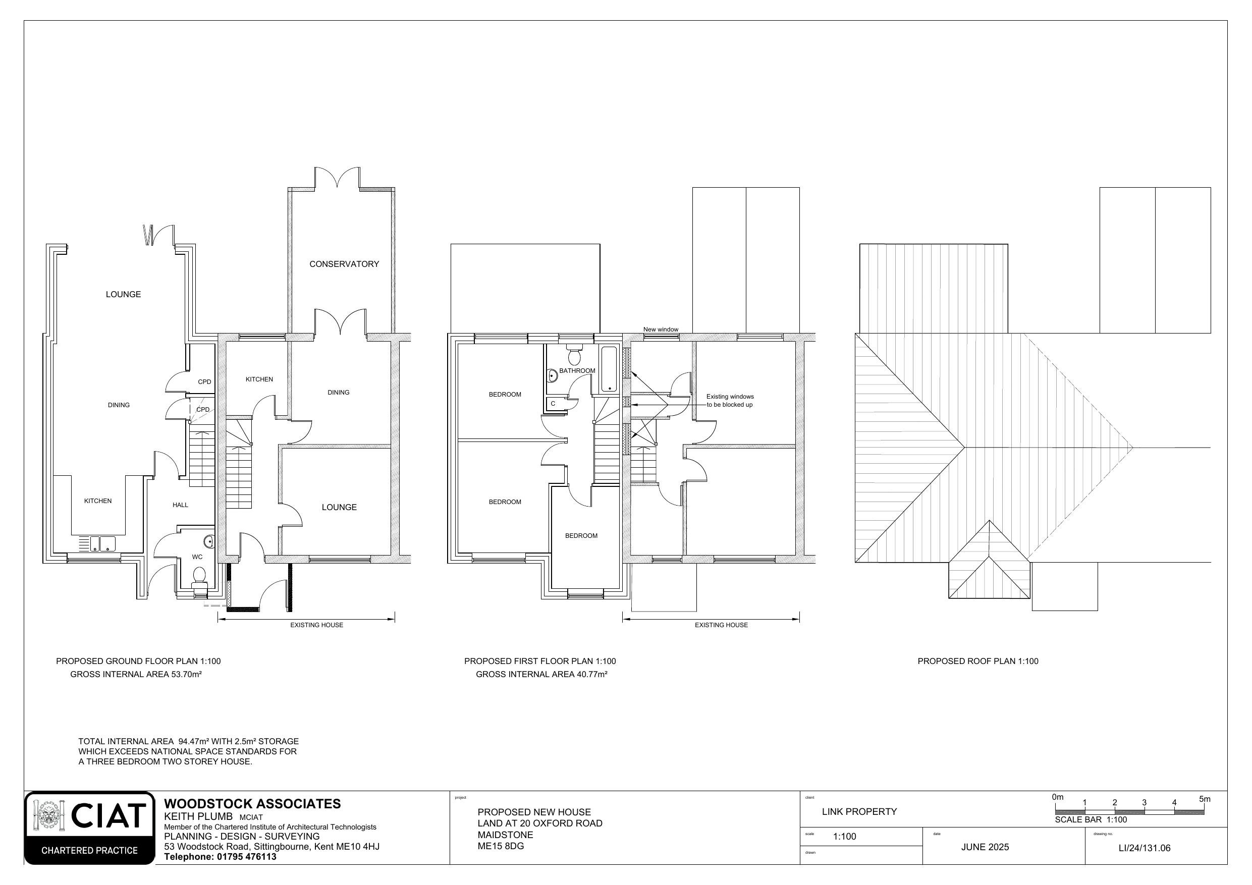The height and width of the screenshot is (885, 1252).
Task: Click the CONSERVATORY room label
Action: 344,264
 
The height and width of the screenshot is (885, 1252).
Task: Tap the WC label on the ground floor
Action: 197,557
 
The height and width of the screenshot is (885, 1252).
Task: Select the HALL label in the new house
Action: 180,505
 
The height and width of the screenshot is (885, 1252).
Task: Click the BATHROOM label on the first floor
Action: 577,371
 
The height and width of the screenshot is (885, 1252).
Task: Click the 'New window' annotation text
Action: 661,329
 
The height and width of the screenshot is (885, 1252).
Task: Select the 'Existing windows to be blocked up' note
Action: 730,401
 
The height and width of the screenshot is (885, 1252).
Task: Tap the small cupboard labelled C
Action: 553,404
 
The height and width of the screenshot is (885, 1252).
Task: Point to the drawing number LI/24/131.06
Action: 1144,848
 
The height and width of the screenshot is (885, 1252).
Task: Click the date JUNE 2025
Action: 985,847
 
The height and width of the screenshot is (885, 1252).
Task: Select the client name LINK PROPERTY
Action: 859,811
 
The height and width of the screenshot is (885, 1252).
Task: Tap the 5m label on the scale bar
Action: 1204,799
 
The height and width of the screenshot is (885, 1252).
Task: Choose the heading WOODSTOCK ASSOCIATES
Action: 252,804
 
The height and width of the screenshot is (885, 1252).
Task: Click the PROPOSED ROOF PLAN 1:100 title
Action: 977,661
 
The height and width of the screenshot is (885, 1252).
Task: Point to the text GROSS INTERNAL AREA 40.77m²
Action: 541,674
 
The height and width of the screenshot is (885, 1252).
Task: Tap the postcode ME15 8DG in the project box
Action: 501,846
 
